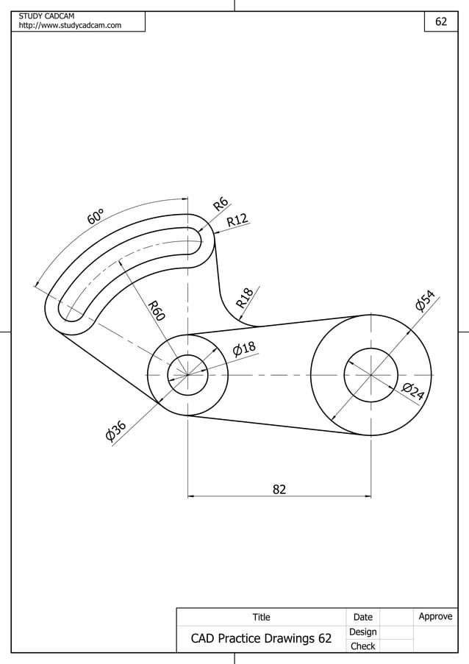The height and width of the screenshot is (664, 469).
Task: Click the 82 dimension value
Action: click(279, 489)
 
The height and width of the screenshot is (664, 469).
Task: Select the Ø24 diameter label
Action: click(413, 392)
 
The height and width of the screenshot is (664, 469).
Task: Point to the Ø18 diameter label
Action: click(243, 348)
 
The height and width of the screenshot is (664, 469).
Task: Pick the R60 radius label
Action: click(156, 310)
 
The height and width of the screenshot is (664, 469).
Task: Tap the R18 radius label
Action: click(245, 297)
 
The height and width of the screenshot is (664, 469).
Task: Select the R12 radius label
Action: click(237, 219)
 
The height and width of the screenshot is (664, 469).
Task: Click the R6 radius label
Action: click(220, 204)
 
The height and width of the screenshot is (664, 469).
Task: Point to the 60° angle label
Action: click(96, 216)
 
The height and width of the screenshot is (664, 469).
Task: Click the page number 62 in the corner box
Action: click(441, 22)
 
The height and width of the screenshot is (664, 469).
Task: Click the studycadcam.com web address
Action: click(70, 26)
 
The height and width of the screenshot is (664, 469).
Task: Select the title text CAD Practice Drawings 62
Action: click(261, 639)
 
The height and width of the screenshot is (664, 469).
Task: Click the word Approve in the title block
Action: click(435, 616)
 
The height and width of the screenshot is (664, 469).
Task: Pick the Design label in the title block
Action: click(362, 632)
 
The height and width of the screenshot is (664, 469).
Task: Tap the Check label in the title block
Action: click(362, 646)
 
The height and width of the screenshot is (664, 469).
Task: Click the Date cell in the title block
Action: click(362, 617)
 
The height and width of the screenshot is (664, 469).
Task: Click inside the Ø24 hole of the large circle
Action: click(370, 375)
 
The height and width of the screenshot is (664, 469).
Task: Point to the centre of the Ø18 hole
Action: click(187, 375)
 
